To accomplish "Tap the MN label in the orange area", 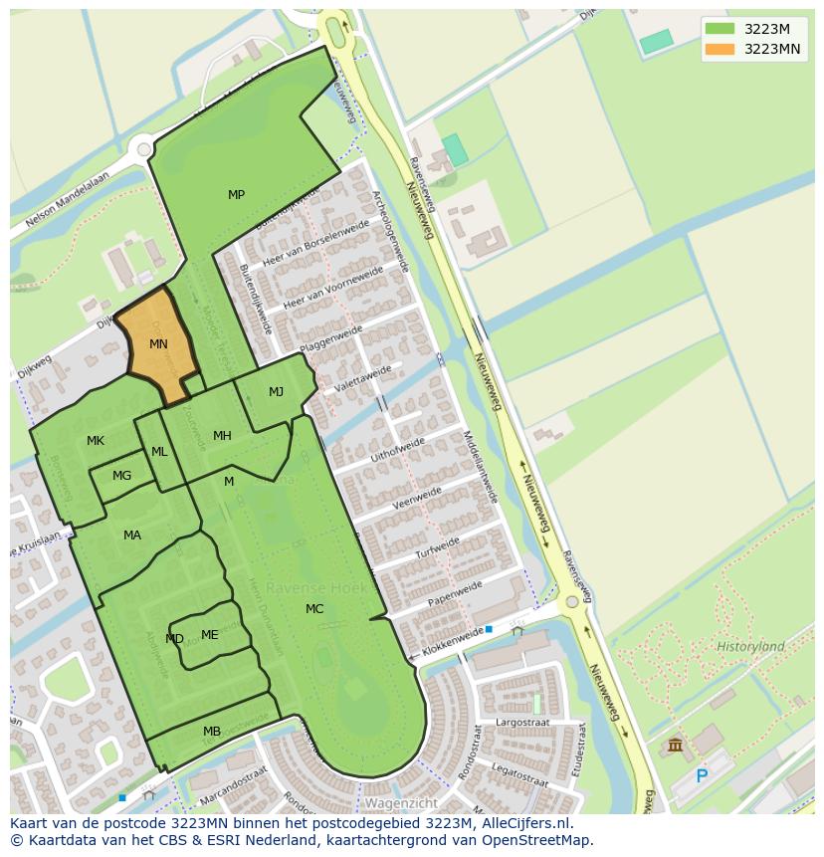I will pos(158,344).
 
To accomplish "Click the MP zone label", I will pos(236,195).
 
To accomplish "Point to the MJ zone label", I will pos(276,392).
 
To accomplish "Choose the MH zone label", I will pos(222,436).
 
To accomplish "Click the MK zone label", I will pos(96,441).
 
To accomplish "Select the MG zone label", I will pos(121,476).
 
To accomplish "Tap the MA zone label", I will pos(132,536).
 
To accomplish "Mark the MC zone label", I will pos(314,609).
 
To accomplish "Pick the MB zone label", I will pos(212,732).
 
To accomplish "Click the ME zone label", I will pos(209,635).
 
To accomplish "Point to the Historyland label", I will pos(750,647).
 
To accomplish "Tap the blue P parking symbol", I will pos(702,776).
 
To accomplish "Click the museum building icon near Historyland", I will pos(676,745).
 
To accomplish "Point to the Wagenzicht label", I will pos(401,802).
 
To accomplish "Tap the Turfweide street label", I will pos(438,547).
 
